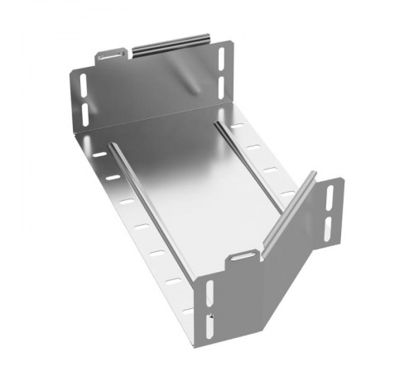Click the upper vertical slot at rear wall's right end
click(221, 57)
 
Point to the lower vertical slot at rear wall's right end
click(221, 83)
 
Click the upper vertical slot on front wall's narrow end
click(207, 293)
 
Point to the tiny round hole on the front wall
click(214, 315)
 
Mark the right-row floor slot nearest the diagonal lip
click(286, 193)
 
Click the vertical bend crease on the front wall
click(269, 289)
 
